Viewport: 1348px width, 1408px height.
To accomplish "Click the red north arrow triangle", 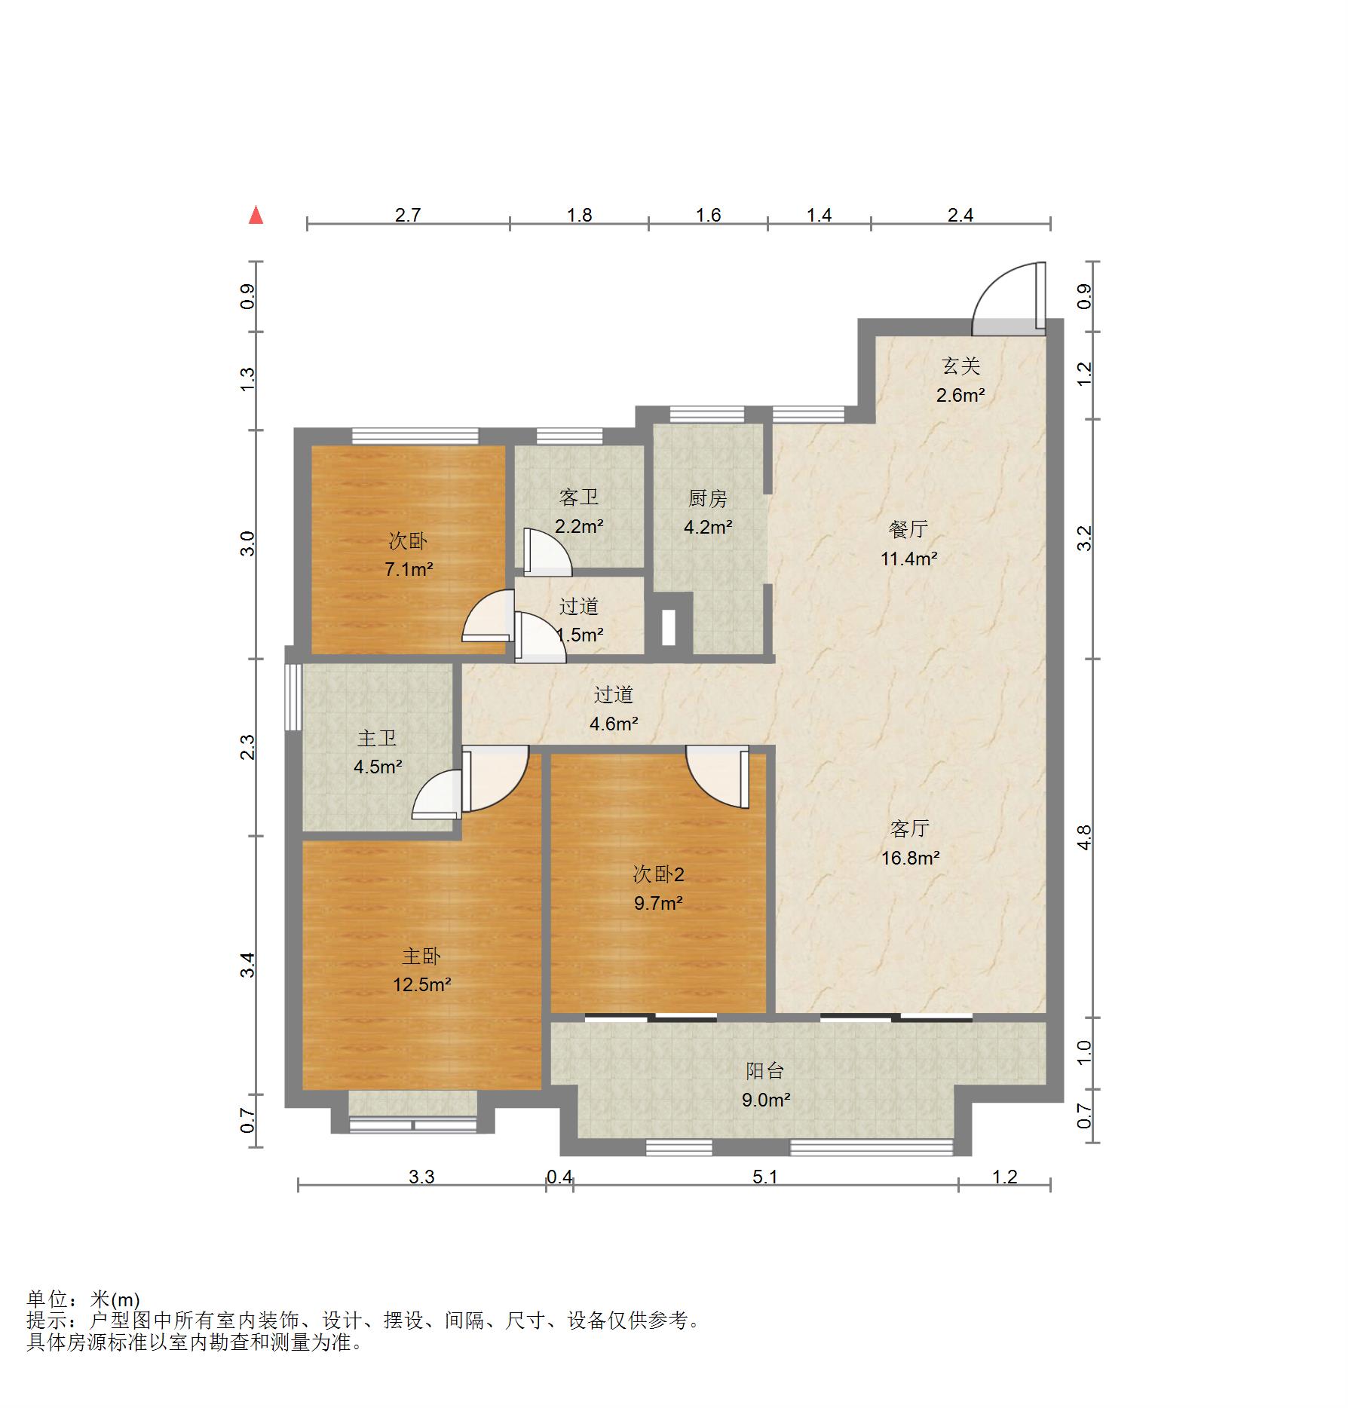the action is (256, 216).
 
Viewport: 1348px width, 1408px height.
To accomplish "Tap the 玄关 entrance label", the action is (960, 366).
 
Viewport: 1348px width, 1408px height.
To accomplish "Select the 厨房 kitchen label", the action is (707, 498).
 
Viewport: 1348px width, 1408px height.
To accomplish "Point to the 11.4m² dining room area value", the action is (909, 559).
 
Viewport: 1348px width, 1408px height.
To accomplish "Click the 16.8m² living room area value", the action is (910, 858).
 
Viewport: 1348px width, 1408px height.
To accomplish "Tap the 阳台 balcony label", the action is (765, 1071).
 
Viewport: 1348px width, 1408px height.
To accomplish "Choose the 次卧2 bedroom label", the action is (658, 874).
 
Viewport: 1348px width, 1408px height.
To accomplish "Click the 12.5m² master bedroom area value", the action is (421, 984).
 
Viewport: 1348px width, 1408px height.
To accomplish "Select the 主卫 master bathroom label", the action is (377, 738).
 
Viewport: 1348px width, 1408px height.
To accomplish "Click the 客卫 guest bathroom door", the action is (546, 552).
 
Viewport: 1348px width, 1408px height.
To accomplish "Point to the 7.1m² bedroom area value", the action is (408, 569).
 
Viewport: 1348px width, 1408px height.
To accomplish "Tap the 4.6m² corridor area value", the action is (614, 724).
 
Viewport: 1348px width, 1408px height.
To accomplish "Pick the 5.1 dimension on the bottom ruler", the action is (764, 1177).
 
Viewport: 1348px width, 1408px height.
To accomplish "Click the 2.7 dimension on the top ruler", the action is (408, 216).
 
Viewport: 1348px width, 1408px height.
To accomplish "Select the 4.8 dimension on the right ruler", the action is (1084, 837).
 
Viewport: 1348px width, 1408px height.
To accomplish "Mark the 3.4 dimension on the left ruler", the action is (248, 965).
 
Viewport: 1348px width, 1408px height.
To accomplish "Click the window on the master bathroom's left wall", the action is (293, 696).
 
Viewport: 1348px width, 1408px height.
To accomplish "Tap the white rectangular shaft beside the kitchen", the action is (668, 626).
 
